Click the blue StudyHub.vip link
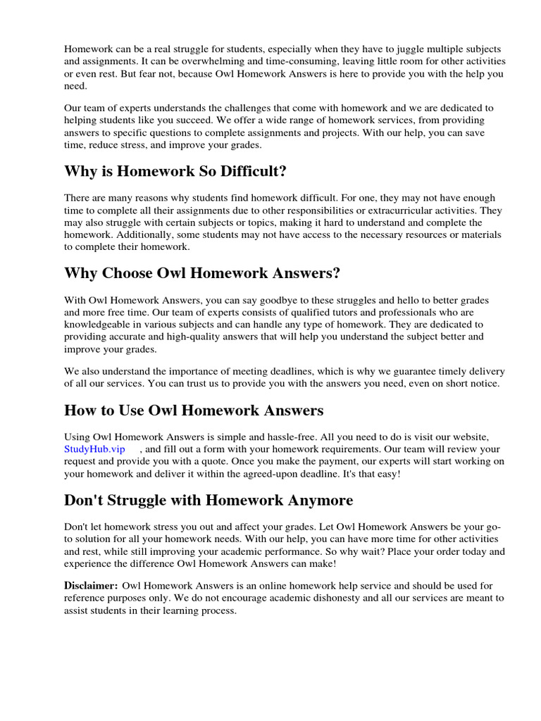pos(94,449)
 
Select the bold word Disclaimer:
pos(91,585)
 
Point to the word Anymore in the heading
pos(317,500)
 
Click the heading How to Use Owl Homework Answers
pos(194,410)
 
